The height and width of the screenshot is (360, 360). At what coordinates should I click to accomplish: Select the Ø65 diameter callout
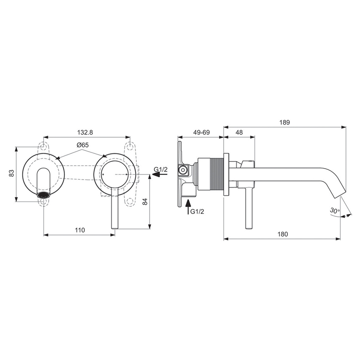[x=82, y=145]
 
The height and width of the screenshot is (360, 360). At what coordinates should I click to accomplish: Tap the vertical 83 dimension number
[x=12, y=174]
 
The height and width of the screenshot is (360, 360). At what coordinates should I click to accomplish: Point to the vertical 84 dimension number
[x=145, y=202]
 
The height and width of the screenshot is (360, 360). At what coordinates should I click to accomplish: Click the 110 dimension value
[x=80, y=230]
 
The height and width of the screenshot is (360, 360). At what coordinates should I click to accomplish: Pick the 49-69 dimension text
[x=201, y=133]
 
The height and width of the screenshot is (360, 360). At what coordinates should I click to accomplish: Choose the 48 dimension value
[x=239, y=133]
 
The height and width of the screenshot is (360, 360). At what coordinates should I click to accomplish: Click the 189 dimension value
[x=284, y=122]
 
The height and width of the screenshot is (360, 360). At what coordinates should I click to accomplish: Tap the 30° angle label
[x=334, y=210]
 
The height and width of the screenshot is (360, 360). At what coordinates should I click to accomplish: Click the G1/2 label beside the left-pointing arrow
[x=161, y=170]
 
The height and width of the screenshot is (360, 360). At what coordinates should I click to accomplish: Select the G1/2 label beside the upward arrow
[x=197, y=211]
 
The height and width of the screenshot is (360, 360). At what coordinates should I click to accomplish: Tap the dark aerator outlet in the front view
[x=44, y=195]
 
